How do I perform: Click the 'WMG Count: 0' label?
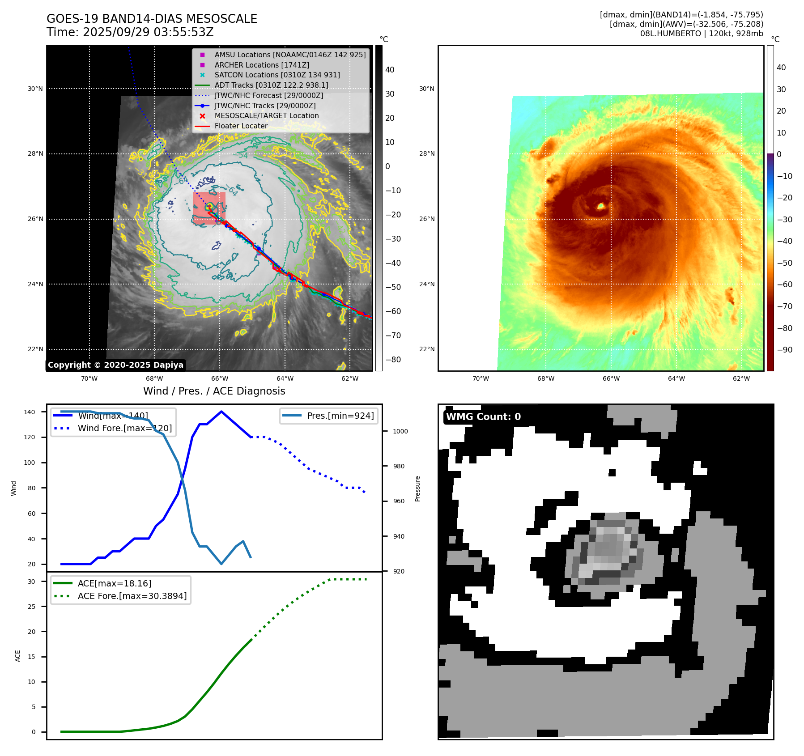click(483, 417)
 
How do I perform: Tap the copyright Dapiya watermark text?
click(115, 365)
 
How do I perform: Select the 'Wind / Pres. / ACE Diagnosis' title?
click(214, 391)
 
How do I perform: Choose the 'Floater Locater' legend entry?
click(241, 126)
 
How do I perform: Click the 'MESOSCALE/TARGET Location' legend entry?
click(267, 116)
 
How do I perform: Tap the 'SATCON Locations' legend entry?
click(277, 75)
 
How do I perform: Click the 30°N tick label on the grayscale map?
click(35, 89)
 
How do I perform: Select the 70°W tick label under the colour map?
click(481, 378)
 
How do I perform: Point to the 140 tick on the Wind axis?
click(30, 412)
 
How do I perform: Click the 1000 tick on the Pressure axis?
click(400, 431)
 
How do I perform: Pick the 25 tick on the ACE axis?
click(32, 607)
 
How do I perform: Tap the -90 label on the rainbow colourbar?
click(785, 350)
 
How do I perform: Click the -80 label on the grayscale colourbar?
click(393, 360)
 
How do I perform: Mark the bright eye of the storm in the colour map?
click(601, 206)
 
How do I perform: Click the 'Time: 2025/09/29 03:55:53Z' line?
click(130, 32)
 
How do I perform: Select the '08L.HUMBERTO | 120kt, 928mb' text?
click(702, 34)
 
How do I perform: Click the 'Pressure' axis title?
click(417, 488)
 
